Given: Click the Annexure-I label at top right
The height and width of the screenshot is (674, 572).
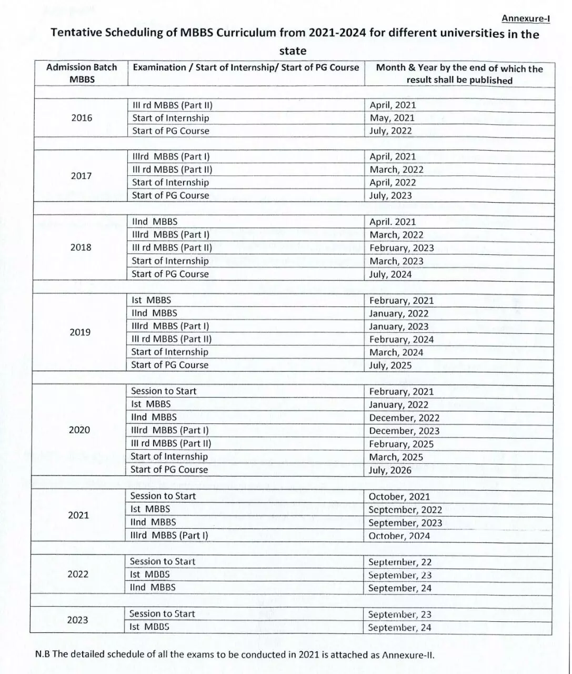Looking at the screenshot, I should pos(525,18).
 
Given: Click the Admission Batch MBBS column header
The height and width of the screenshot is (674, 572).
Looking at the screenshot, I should pos(82,73).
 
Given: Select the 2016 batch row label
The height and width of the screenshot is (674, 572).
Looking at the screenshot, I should pos(82,118).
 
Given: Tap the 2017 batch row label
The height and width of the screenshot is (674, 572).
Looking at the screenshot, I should pos(81,176).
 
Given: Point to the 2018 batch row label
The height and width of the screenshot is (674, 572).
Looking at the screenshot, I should pos(81,247).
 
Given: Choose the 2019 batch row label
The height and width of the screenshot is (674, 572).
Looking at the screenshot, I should pos(80,332).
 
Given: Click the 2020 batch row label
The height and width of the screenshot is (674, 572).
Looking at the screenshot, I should pos(79,430).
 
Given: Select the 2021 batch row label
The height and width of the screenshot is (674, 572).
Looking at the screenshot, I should pos(78,515).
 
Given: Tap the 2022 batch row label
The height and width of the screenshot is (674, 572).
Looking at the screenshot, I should pos(78,574).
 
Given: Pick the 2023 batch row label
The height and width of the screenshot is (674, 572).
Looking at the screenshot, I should pos(77,620).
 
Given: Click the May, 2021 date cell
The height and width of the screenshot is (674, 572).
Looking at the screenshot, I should pos(392,118).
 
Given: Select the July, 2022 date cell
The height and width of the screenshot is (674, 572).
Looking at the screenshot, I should pos(390,131).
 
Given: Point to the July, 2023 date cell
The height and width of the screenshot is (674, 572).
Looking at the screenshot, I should pos(390,195).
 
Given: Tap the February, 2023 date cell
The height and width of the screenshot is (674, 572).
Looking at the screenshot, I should pos(402,247).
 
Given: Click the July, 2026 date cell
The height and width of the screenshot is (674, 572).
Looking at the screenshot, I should pos(390,470).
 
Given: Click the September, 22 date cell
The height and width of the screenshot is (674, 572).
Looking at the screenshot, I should pos(399,562).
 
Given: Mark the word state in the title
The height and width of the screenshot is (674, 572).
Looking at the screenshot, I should pos(293,51).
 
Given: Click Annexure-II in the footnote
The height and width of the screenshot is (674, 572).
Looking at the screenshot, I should pos(408,655).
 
